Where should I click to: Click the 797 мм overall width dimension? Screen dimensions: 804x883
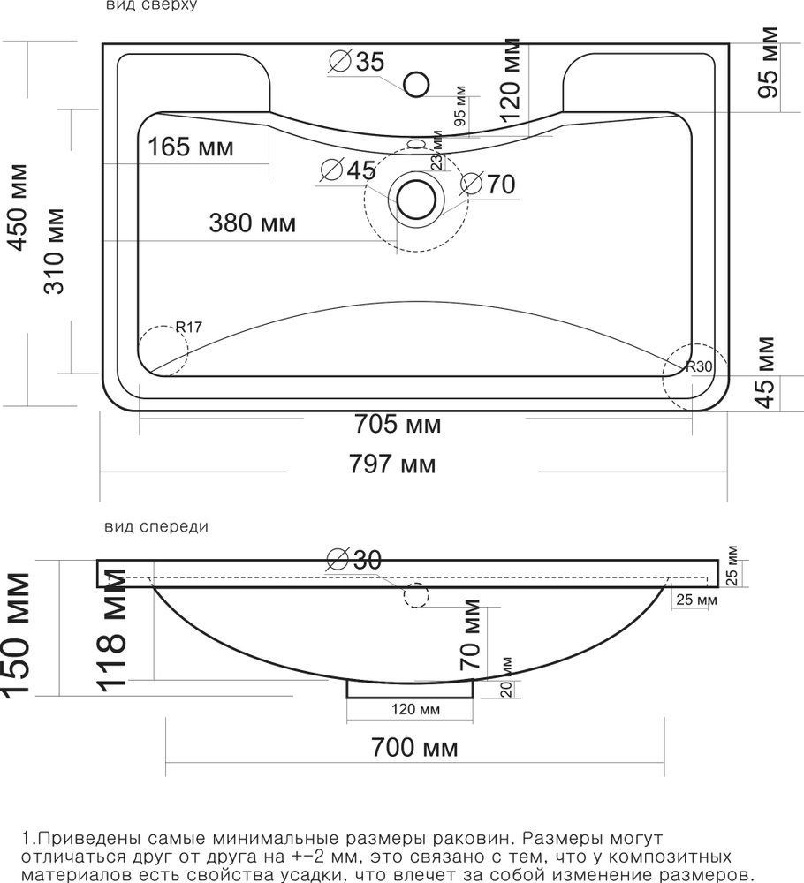click(x=392, y=464)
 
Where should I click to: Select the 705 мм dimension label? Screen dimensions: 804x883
click(x=398, y=424)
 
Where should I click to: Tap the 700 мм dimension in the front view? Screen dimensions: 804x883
click(x=414, y=748)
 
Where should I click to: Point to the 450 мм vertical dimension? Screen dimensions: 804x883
click(x=18, y=208)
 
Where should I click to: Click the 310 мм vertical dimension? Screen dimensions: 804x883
click(x=55, y=251)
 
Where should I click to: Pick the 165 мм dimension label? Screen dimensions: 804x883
click(x=191, y=147)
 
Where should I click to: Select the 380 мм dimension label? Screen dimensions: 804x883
click(x=253, y=223)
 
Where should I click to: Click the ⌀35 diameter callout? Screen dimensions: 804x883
click(x=357, y=61)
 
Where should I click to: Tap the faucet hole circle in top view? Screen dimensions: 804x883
click(x=416, y=85)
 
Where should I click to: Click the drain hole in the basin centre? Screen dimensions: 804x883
click(x=416, y=200)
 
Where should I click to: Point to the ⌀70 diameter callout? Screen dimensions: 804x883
click(x=488, y=184)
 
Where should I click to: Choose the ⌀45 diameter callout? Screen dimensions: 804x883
click(x=348, y=170)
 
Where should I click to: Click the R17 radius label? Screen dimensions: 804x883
click(x=189, y=327)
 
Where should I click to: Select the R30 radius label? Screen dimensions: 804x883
click(x=699, y=366)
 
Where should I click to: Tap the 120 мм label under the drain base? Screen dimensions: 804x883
click(x=416, y=709)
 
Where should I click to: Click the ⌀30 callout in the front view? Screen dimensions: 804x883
click(x=354, y=559)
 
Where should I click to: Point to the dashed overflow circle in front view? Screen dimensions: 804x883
click(x=416, y=595)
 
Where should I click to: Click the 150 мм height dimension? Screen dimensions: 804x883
click(x=16, y=635)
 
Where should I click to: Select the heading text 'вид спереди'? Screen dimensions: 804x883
click(x=156, y=527)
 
